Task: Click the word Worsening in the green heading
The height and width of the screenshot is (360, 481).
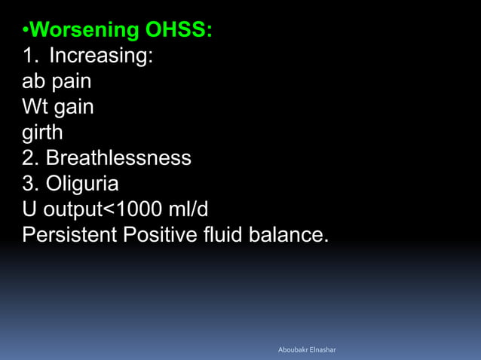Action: point(85,30)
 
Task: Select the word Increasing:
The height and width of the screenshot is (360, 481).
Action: point(102,56)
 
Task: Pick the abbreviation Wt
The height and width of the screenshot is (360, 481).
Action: point(34,107)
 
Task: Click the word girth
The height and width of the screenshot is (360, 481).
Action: point(42,133)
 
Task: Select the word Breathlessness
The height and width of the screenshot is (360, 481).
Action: point(118,158)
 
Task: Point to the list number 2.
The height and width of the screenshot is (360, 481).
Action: point(30,158)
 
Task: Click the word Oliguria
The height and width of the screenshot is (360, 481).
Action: point(82,185)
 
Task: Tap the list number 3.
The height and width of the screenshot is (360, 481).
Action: point(30,184)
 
